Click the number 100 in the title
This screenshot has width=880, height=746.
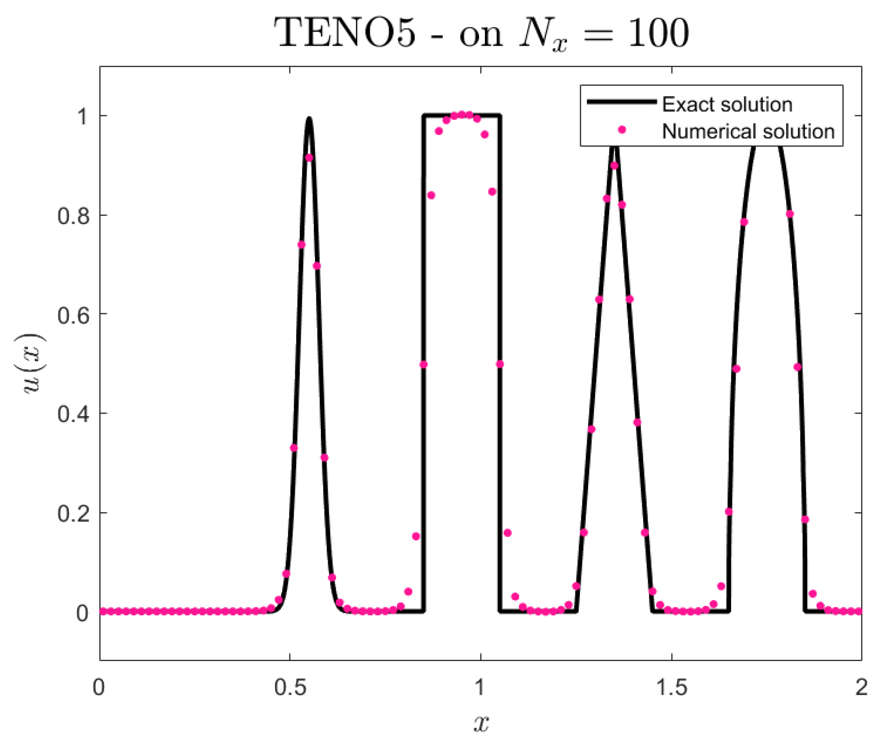pos(658,33)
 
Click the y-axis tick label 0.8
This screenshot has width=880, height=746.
pos(74,216)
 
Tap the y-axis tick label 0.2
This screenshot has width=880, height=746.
pos(74,514)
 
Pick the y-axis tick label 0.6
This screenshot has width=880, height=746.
pos(74,315)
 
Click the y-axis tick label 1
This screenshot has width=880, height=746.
pos(82,116)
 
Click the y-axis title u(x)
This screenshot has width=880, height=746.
pos(33,363)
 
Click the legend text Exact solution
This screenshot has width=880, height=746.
pos(727,105)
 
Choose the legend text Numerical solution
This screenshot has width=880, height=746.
pos(748,132)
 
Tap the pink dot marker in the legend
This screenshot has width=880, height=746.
pos(622,130)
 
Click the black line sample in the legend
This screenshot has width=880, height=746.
pos(622,102)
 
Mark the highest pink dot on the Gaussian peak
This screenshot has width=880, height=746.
pos(309,158)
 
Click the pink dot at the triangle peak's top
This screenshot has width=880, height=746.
pos(614,166)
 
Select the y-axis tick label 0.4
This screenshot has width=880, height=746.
pos(74,414)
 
